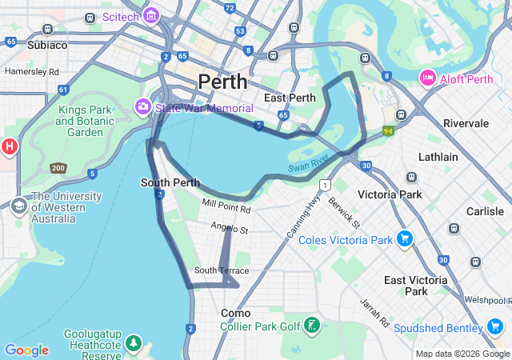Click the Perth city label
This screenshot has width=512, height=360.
(x=222, y=82)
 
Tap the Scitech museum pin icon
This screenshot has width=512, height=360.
(x=150, y=15)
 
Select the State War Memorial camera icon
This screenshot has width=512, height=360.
(x=143, y=106)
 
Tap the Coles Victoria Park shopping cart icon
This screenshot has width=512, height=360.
(x=405, y=239)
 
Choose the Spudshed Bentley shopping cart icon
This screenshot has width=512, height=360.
(x=495, y=327)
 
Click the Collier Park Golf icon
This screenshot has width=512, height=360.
(x=312, y=326)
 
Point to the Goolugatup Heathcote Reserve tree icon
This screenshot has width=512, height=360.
(x=134, y=344)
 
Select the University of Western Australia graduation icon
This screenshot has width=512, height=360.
(x=18, y=206)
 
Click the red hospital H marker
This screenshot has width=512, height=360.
(x=9, y=147)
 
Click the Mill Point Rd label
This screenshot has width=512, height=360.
(x=226, y=206)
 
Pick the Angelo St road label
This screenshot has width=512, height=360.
(x=230, y=229)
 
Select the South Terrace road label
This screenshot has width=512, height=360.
(x=222, y=270)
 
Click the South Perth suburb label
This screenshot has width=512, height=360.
(x=170, y=182)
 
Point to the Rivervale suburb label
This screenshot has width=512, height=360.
(x=471, y=123)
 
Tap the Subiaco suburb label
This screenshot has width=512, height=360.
(x=47, y=45)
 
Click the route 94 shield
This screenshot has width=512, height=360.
(x=389, y=130)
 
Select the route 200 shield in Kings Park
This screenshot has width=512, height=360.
(x=58, y=168)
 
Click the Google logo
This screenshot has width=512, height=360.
(x=26, y=350)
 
